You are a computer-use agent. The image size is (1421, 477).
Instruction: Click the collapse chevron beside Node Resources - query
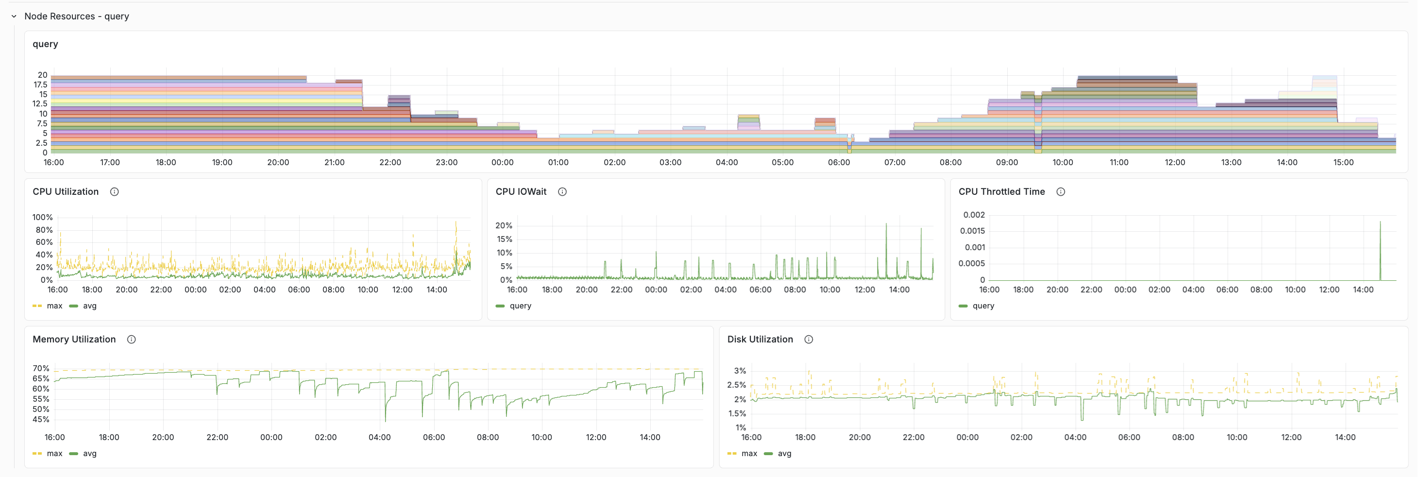[14, 17]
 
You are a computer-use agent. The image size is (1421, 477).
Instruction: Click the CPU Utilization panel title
[65, 192]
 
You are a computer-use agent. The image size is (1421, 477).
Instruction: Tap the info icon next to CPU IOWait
[562, 192]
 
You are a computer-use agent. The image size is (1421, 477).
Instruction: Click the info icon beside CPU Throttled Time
[1060, 192]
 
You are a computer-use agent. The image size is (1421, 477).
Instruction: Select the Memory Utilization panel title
[74, 340]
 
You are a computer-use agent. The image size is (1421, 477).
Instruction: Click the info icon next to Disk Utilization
[808, 340]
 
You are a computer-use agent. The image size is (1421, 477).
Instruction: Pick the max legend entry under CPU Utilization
[54, 306]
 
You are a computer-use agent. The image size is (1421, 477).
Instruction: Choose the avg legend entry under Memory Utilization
[89, 454]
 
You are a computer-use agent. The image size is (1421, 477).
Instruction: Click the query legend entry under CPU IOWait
[520, 306]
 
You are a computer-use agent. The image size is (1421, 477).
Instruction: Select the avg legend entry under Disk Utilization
[784, 454]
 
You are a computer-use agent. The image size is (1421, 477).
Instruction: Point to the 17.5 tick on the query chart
[40, 85]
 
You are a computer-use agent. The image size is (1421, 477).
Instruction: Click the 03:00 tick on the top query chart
[670, 163]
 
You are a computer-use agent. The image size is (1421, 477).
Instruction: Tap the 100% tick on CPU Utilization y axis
[42, 217]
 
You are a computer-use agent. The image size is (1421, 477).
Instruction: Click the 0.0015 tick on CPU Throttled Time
[972, 231]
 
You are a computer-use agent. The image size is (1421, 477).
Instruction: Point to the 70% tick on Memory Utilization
[41, 368]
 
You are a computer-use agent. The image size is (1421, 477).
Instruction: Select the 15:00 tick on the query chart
[1343, 163]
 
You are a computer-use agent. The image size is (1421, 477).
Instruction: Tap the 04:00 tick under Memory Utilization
[379, 437]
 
